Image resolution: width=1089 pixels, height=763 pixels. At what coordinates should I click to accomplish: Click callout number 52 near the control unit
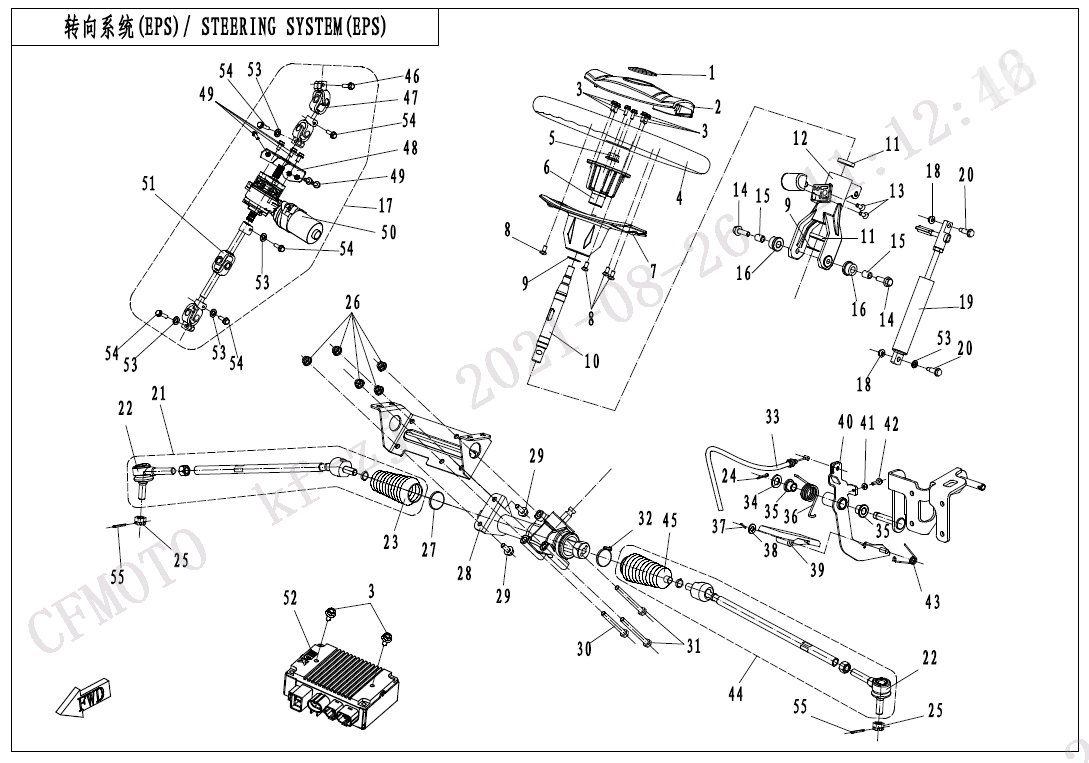[x=290, y=597]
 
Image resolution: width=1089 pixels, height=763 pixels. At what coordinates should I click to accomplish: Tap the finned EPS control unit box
[x=340, y=677]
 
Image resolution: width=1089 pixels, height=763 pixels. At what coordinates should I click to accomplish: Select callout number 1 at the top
[x=711, y=72]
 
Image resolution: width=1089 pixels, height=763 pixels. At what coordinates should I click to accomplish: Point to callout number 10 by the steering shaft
[x=592, y=360]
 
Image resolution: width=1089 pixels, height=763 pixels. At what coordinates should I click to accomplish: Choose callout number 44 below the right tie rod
[x=736, y=693]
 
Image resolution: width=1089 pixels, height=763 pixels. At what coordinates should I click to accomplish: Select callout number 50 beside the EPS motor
[x=388, y=232]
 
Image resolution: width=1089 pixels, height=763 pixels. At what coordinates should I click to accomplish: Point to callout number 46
[x=411, y=77]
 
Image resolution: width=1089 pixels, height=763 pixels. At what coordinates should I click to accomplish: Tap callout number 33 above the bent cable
[x=772, y=416]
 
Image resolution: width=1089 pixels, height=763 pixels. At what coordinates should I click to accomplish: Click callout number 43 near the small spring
[x=932, y=602]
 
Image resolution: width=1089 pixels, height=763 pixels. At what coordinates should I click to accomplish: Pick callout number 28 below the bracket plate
[x=464, y=573]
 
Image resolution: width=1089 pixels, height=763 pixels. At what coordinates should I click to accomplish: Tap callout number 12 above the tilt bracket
[x=800, y=137]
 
